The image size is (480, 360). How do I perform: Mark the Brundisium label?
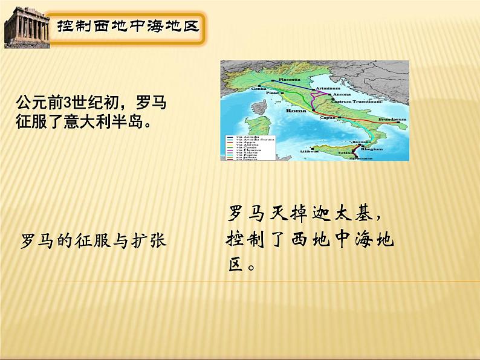tap(392, 120)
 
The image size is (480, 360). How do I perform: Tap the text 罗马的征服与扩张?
tap(94, 241)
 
